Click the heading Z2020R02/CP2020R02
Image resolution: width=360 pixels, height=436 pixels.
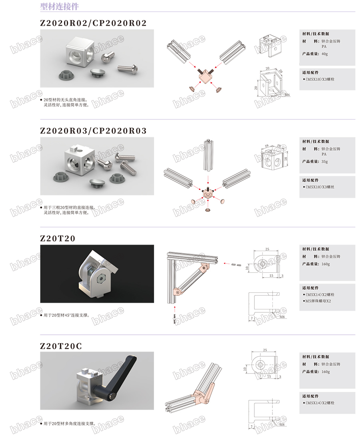pos(93,23)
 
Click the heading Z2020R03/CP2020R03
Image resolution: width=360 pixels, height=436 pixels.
pos(93,131)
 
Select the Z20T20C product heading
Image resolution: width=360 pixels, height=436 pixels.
pos(61,346)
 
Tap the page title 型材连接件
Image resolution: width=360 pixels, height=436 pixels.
pos(60,6)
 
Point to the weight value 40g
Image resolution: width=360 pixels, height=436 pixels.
pos(325,54)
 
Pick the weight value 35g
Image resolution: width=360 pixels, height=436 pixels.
pos(325,162)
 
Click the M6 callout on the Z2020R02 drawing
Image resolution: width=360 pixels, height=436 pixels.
pos(287,95)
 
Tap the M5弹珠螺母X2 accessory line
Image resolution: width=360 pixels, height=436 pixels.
pos(318,301)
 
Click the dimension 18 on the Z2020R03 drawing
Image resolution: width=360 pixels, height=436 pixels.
pos(286,159)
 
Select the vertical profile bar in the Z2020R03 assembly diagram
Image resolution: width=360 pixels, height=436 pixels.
pos(208,155)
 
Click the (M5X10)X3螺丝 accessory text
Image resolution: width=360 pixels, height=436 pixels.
pos(319,187)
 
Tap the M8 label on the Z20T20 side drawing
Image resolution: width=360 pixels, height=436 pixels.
pos(282,317)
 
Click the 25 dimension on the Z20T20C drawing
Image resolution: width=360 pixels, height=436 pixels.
pos(265,350)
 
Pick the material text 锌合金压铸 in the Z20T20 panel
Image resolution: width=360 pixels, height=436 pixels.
pos(331,257)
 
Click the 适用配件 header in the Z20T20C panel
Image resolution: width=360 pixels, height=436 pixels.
pos(310,396)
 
